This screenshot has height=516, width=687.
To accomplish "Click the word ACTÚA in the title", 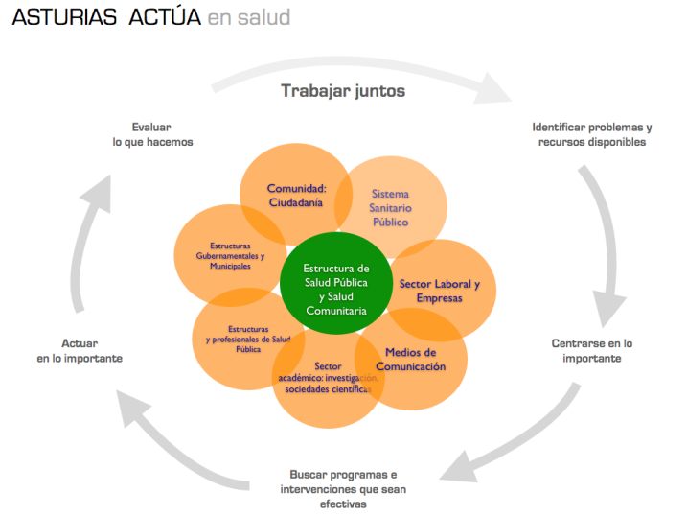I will click(165, 18).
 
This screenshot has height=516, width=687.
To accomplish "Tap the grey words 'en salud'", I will click(249, 18).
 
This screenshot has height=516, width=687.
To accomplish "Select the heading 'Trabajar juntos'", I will click(343, 91).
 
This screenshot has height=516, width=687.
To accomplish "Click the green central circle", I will click(335, 289).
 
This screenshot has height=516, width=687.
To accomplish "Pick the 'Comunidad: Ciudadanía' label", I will click(297, 195).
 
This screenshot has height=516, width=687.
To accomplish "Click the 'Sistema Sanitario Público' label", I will click(390, 207).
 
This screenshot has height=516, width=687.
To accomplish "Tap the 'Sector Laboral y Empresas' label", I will click(439, 291).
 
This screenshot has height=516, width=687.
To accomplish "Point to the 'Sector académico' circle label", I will click(328, 377).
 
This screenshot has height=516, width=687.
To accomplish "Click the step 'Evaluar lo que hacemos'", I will click(152, 134).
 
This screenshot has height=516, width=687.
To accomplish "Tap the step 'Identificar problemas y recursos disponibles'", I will click(591, 134).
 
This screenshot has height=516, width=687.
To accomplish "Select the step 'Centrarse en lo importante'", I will click(592, 350).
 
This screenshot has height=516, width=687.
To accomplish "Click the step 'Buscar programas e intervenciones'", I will click(343, 489).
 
